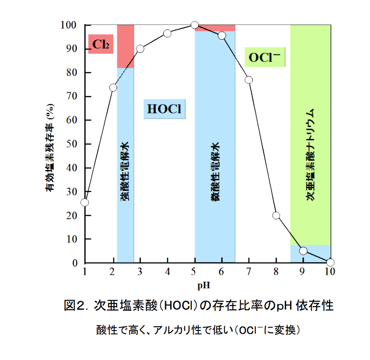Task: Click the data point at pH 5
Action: (195, 25)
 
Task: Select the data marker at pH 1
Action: (85, 202)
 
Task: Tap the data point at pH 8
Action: (276, 215)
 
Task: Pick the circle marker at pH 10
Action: (330, 262)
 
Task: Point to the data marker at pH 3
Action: (140, 49)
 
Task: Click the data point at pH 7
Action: (249, 80)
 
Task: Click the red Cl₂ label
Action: (101, 44)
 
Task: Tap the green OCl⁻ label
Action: (264, 57)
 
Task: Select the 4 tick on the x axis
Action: (167, 272)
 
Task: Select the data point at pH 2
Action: (113, 87)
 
